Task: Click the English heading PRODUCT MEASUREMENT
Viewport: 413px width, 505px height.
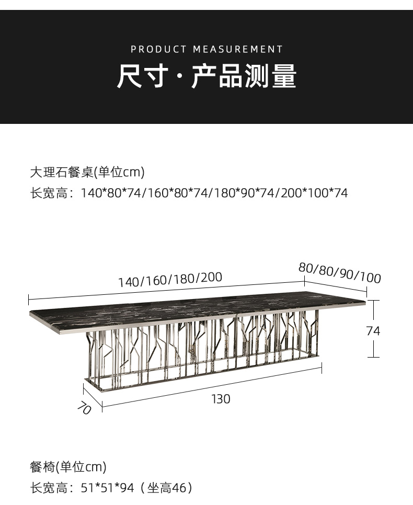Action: tap(206, 50)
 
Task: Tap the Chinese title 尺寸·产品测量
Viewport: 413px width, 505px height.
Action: tap(206, 76)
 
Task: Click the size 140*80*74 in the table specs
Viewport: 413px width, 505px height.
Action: tap(111, 193)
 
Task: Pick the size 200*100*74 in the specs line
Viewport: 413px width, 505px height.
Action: tap(314, 193)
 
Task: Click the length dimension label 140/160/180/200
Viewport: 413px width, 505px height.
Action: tap(170, 280)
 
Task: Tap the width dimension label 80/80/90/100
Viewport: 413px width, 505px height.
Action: tap(339, 273)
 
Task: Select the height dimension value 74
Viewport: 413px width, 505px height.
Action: tap(373, 331)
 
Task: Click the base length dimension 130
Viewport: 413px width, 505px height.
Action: tap(221, 399)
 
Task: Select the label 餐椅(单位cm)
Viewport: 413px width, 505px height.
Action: tap(68, 466)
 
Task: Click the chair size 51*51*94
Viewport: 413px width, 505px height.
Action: tap(108, 488)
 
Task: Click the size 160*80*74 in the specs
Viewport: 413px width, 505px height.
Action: tap(178, 193)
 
